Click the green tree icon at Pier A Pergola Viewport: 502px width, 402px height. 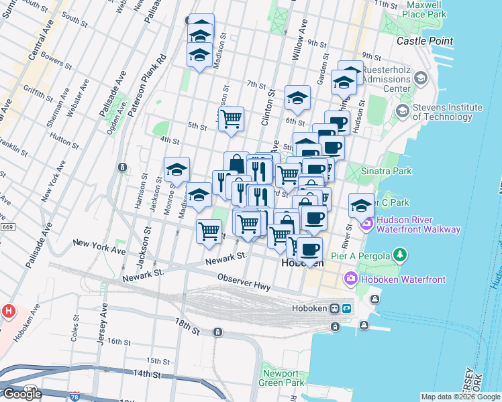click(400, 255)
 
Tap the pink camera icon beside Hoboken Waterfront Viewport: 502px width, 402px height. click(350, 278)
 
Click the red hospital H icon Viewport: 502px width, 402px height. click(9, 311)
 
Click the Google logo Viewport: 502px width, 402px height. click(22, 394)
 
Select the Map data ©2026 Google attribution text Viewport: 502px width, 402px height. click(460, 397)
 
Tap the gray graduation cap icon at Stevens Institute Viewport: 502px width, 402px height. click(420, 78)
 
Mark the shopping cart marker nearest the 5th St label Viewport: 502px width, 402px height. click(231, 119)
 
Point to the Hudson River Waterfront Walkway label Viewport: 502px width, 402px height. click(419, 224)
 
